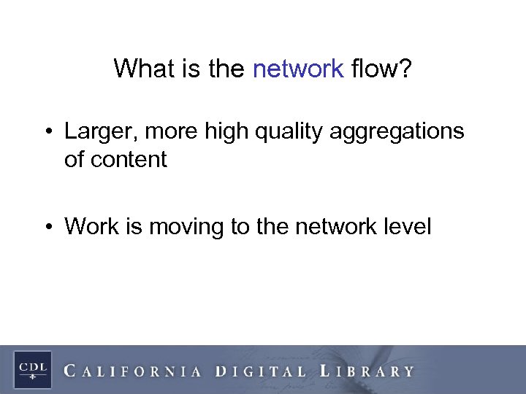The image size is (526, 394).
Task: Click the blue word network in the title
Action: (x=297, y=69)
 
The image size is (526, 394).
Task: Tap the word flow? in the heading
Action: (x=381, y=69)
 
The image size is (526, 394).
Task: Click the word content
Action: (x=129, y=160)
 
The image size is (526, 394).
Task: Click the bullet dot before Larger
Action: (x=47, y=132)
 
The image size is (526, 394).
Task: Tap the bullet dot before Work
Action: (x=47, y=227)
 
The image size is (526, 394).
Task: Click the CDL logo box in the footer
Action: (x=31, y=369)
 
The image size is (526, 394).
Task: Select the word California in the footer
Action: (x=132, y=371)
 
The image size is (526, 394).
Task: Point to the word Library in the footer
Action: (x=367, y=371)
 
